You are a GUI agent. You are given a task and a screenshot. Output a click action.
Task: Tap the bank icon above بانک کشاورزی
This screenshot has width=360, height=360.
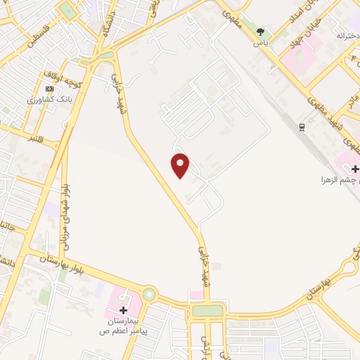[49, 89]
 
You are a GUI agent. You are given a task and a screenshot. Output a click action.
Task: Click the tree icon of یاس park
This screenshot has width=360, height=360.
[261, 32]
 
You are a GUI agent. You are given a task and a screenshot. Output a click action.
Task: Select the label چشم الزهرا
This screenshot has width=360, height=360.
[338, 180]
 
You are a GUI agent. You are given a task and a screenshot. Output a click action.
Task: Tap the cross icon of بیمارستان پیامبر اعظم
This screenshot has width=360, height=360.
[124, 309]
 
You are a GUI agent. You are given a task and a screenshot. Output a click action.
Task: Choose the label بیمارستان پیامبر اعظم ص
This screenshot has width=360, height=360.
[124, 324]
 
